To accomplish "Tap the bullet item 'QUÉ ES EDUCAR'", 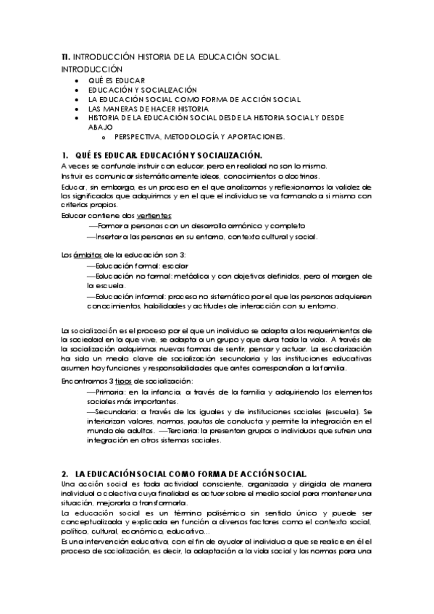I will pos(117,80).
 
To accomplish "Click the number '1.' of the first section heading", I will pos(65,155).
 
